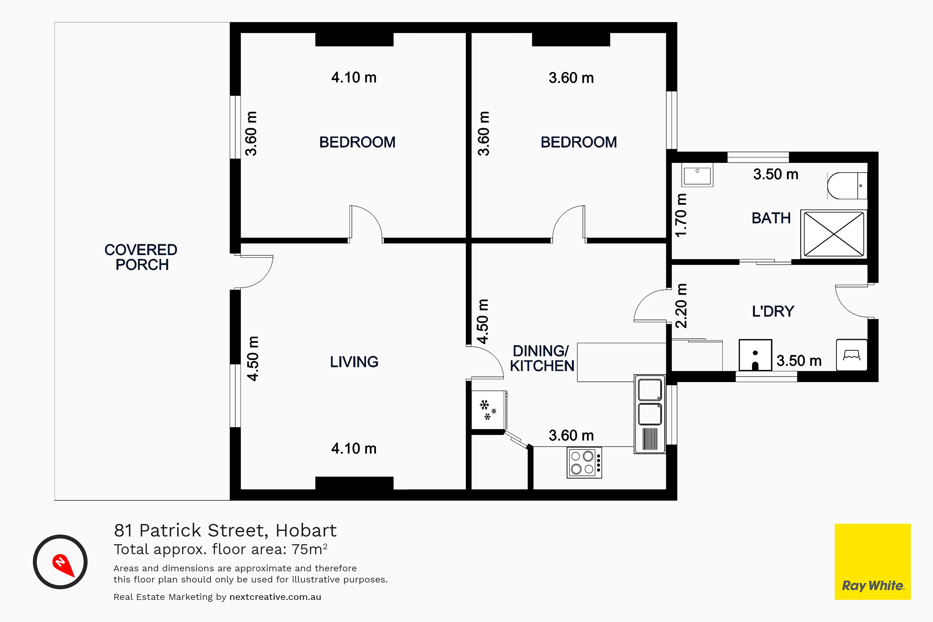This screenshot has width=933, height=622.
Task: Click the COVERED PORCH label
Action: pyautogui.click(x=141, y=257)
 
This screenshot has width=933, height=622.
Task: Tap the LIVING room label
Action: pyautogui.click(x=354, y=362)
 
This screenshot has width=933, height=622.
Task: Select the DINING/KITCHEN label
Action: pyautogui.click(x=542, y=358)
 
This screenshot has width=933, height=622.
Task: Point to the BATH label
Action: pyautogui.click(x=771, y=218)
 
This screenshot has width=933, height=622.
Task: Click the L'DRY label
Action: pyautogui.click(x=773, y=311)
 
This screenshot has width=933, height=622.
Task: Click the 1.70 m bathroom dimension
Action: pyautogui.click(x=681, y=216)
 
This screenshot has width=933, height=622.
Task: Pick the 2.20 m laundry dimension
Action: pyautogui.click(x=681, y=306)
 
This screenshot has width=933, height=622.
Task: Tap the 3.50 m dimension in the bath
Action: pyautogui.click(x=776, y=174)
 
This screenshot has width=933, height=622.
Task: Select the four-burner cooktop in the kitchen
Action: pyautogui.click(x=584, y=462)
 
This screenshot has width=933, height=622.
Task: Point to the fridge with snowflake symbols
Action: pyautogui.click(x=489, y=410)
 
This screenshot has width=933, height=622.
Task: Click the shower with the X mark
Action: pyautogui.click(x=834, y=234)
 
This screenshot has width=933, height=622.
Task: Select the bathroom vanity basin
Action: pyautogui.click(x=697, y=174)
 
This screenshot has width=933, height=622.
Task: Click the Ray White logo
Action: pyautogui.click(x=873, y=562)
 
